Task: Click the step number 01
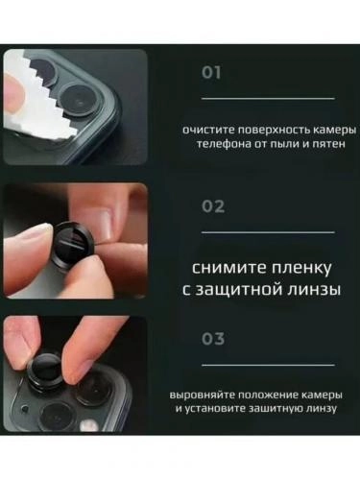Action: [212, 72]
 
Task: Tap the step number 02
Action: [213, 205]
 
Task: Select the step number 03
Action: [213, 338]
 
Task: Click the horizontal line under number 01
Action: [268, 98]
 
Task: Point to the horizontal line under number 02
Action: [268, 231]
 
